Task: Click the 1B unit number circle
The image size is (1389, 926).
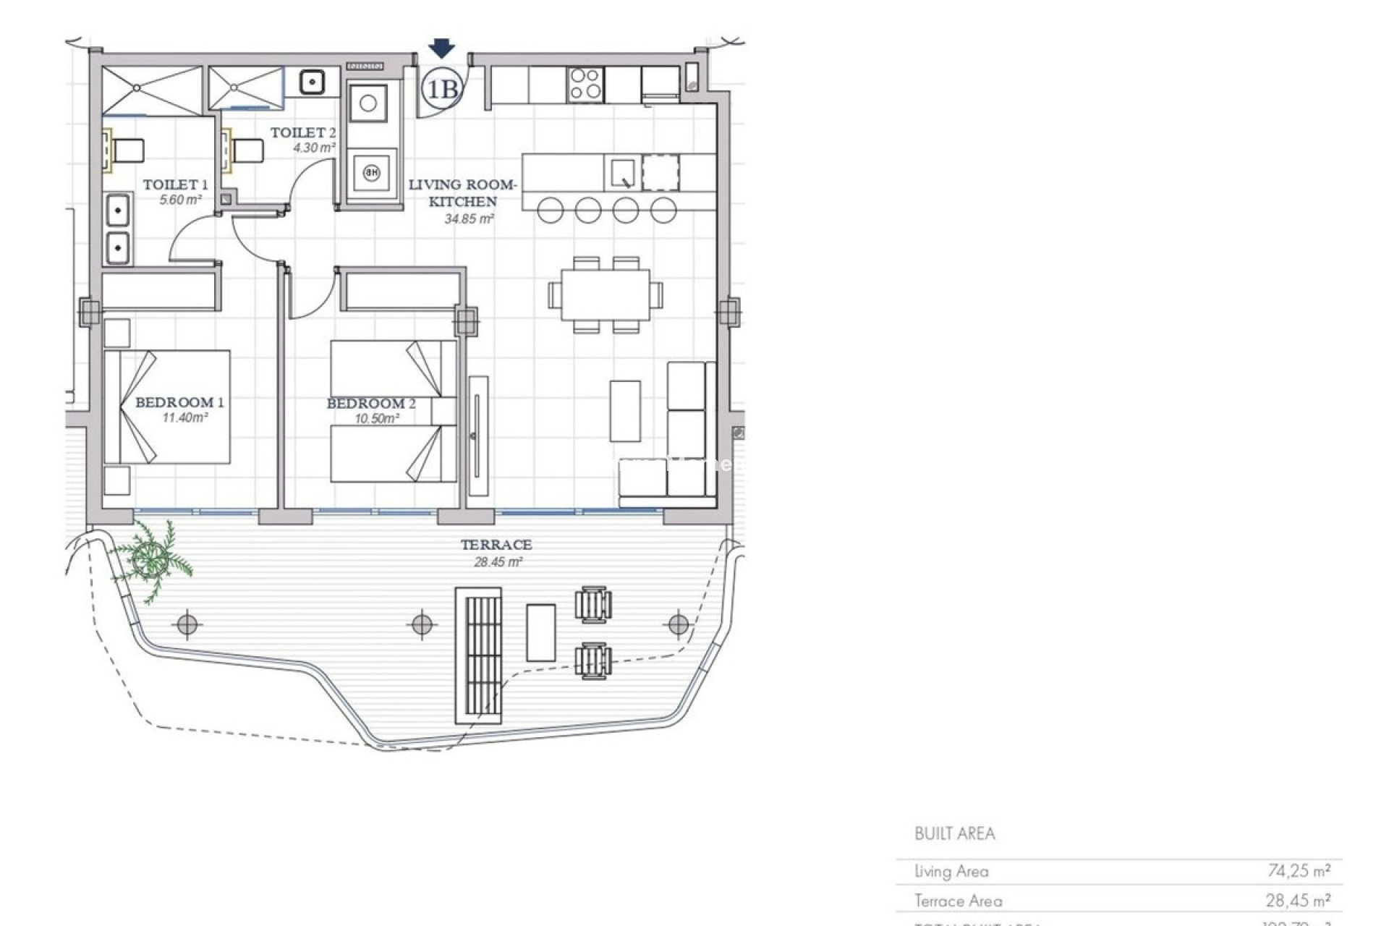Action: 442,89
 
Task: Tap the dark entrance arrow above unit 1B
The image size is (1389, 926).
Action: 441,48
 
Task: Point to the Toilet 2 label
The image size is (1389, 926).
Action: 302,132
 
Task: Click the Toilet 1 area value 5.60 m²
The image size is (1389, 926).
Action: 180,200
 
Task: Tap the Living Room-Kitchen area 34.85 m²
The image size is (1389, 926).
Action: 469,218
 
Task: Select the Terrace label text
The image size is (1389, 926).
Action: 496,545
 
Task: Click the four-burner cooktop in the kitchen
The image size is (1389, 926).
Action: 585,83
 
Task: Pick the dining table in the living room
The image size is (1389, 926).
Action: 605,294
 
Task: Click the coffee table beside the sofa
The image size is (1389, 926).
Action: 624,411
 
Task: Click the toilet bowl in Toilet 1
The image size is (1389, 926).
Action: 128,151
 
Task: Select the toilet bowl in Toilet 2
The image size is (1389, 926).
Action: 248,151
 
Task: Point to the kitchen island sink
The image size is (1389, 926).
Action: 622,174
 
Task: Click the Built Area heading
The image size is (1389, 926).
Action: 954,833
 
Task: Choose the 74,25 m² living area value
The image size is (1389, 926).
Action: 1299,871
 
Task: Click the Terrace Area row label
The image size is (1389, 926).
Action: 958,901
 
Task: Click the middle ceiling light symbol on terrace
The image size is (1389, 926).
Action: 422,624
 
